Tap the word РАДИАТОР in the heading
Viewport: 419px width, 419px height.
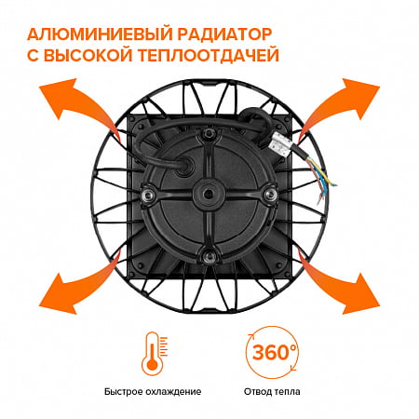[x=225, y=34]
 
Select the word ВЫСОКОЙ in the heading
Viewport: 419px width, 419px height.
[x=88, y=55]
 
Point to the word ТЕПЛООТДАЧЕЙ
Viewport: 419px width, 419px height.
[x=209, y=55]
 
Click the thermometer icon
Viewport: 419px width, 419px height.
[x=154, y=354]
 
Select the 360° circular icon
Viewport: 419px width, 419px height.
[x=272, y=352]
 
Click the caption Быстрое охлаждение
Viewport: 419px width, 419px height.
[x=153, y=392]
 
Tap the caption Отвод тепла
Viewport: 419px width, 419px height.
[x=272, y=392]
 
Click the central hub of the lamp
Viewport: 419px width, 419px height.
[x=208, y=194]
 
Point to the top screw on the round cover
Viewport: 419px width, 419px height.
[x=209, y=133]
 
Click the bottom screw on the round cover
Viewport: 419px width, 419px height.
[x=209, y=256]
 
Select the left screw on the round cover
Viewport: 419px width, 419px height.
[x=148, y=195]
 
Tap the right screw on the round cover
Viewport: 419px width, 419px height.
[x=269, y=194]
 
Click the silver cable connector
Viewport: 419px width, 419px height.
[x=280, y=143]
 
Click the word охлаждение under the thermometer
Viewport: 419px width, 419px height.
[x=176, y=392]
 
